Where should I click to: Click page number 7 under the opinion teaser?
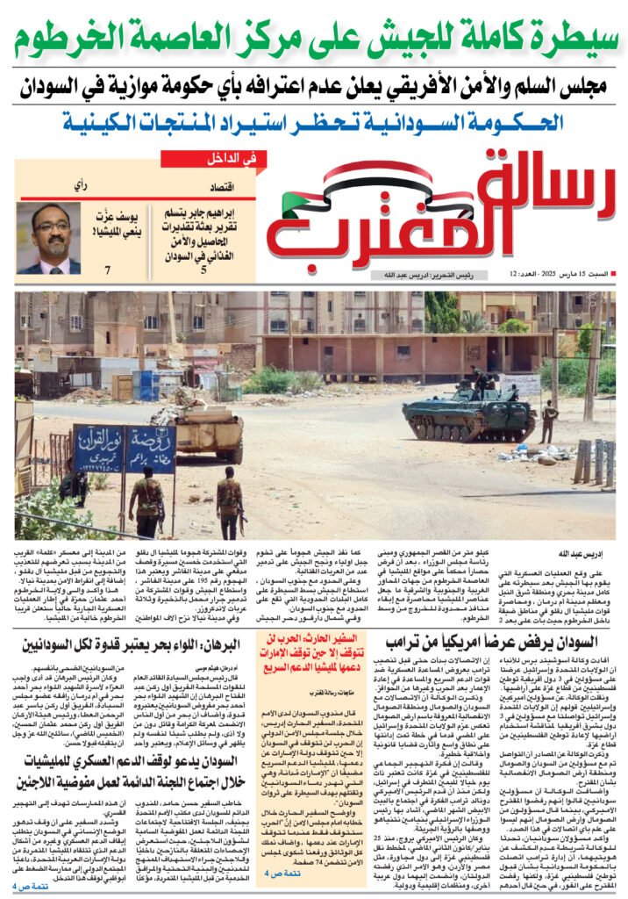(x=108, y=270)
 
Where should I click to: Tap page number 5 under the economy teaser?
(x=203, y=270)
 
